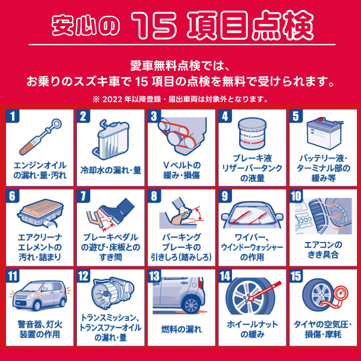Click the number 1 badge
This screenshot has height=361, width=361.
(x=13, y=116)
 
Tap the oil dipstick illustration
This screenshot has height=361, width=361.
(x=40, y=137)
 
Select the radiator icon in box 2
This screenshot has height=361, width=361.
(x=111, y=140)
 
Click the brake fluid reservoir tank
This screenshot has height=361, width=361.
(x=252, y=133)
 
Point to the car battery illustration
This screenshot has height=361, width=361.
(x=325, y=133)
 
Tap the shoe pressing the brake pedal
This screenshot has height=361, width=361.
(x=117, y=210)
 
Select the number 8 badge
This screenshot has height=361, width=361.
(x=154, y=196)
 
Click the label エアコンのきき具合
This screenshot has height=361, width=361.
(x=323, y=250)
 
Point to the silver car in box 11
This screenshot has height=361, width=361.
(x=39, y=295)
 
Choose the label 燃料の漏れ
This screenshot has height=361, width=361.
(x=182, y=329)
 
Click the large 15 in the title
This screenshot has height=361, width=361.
(x=154, y=25)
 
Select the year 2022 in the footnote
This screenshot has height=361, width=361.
(x=112, y=99)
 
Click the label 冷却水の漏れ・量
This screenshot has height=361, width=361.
(x=111, y=170)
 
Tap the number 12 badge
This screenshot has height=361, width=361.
(x=83, y=276)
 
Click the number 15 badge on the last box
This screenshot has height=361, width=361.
(x=296, y=276)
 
